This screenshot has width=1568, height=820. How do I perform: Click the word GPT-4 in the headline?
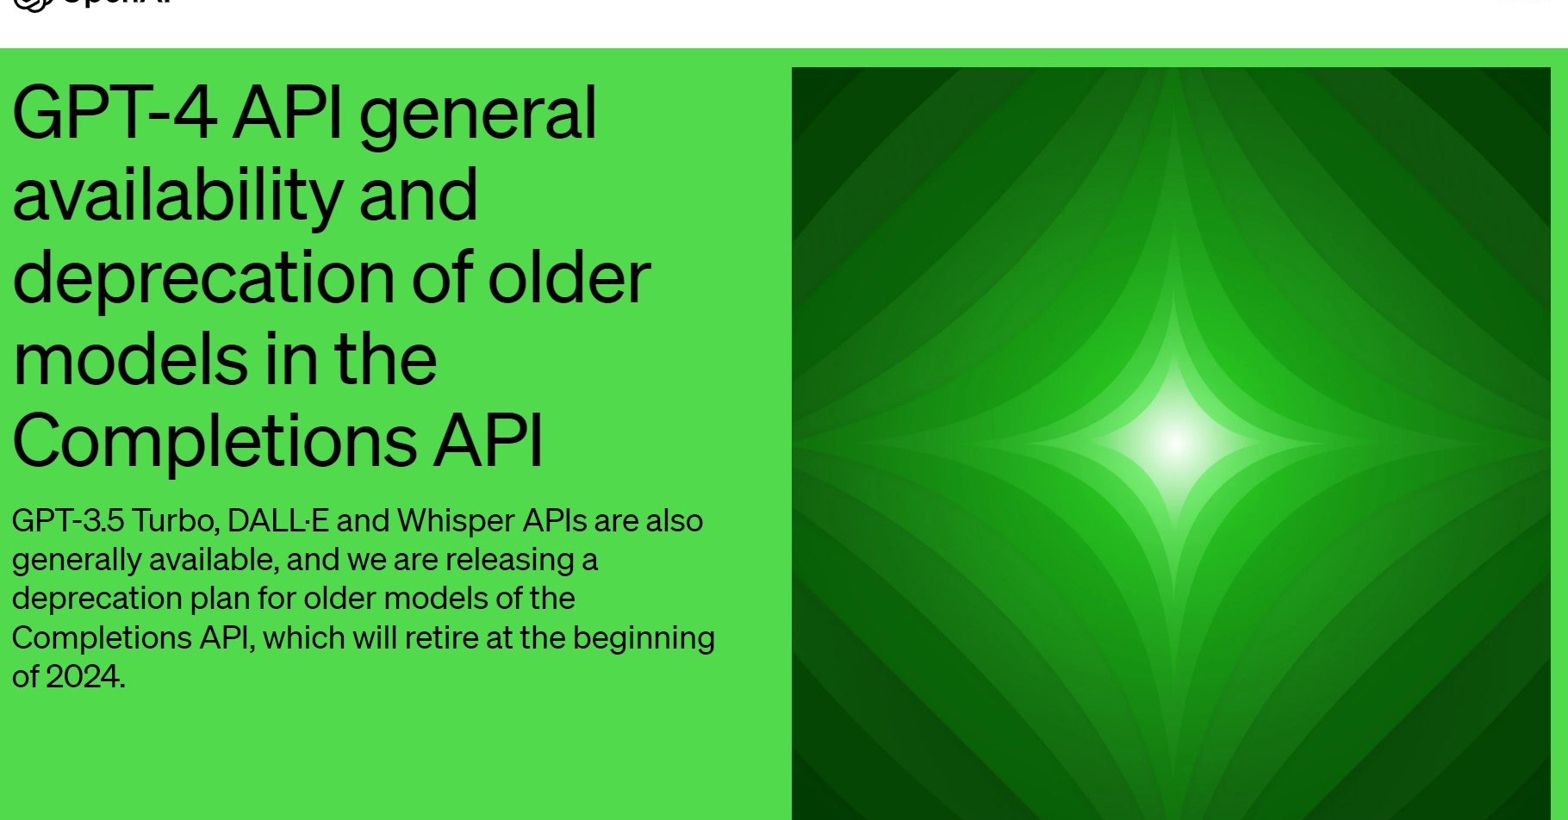tap(114, 114)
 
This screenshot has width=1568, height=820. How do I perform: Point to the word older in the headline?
tap(569, 278)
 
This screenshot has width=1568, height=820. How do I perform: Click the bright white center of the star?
tap(1173, 443)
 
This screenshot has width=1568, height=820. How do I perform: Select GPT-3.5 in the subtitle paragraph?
tap(68, 521)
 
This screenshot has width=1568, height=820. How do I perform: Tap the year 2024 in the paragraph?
tap(84, 677)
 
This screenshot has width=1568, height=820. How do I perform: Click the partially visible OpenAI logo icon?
tap(33, 4)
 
